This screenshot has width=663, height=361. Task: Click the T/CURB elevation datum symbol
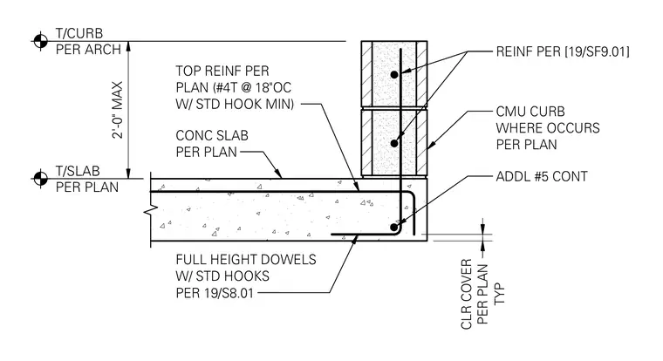tap(41, 41)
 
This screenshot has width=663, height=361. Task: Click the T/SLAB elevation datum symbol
tap(41, 179)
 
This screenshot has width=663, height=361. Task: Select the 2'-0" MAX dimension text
tap(117, 110)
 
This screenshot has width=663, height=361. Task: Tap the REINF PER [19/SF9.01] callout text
tap(563, 51)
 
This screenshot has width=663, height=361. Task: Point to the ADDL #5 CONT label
tap(542, 176)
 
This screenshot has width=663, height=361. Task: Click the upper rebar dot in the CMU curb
tap(394, 74)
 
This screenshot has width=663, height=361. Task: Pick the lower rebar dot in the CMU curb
tap(394, 143)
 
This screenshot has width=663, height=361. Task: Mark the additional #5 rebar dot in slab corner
tap(393, 228)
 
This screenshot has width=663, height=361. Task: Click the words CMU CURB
tap(530, 112)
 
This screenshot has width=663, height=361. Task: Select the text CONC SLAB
tap(212, 136)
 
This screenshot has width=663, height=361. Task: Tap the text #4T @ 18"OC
tap(253, 87)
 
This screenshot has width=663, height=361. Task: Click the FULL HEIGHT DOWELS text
tap(246, 259)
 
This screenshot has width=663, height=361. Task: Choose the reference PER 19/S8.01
tap(215, 292)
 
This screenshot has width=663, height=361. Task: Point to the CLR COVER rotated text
tap(466, 294)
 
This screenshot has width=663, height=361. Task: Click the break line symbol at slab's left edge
tap(151, 208)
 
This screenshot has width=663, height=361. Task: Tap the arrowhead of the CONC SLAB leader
tap(279, 174)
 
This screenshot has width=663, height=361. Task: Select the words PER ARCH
tap(88, 50)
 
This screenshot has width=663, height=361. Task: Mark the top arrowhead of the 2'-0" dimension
tap(128, 46)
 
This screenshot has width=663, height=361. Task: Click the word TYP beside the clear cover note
tap(500, 294)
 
